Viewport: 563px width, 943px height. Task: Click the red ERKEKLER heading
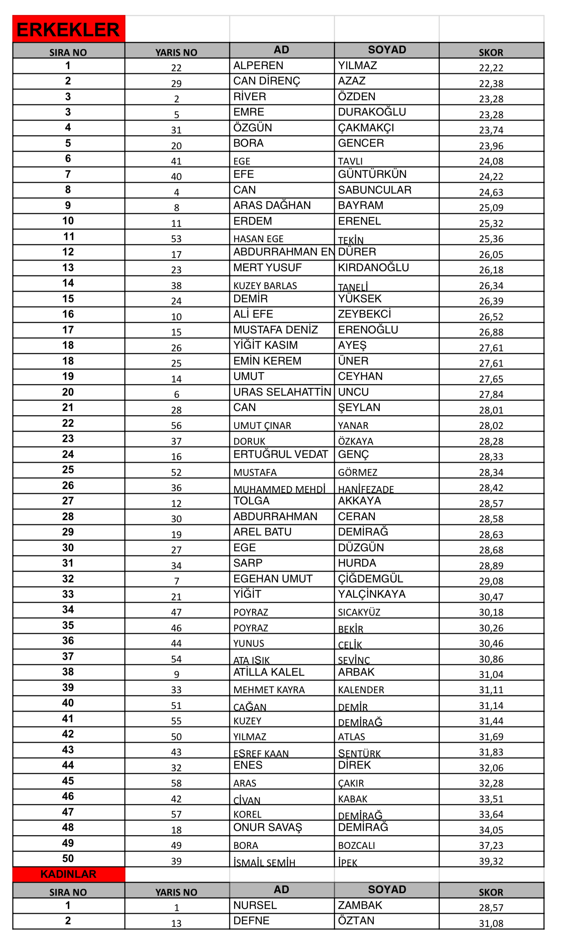68,29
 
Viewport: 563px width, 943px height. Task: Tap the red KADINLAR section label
68,874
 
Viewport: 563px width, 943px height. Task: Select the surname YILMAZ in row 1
357,66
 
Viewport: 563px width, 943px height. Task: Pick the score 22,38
491,84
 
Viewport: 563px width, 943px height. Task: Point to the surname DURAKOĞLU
372,112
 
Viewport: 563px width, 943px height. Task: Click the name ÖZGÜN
252,128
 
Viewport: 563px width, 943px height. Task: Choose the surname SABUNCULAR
374,190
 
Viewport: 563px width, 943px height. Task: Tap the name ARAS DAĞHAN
272,205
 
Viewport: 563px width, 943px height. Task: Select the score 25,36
491,239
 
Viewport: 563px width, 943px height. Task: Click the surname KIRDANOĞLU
373,268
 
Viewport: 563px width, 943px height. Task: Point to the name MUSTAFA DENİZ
276,330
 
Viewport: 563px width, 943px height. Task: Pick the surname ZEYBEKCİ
364,314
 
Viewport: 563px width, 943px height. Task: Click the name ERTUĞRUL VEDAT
281,454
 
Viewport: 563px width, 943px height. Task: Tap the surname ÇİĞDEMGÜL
370,579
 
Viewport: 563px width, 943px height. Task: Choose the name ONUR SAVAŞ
267,827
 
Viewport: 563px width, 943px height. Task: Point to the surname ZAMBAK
360,905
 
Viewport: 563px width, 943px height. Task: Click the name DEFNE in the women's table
251,921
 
